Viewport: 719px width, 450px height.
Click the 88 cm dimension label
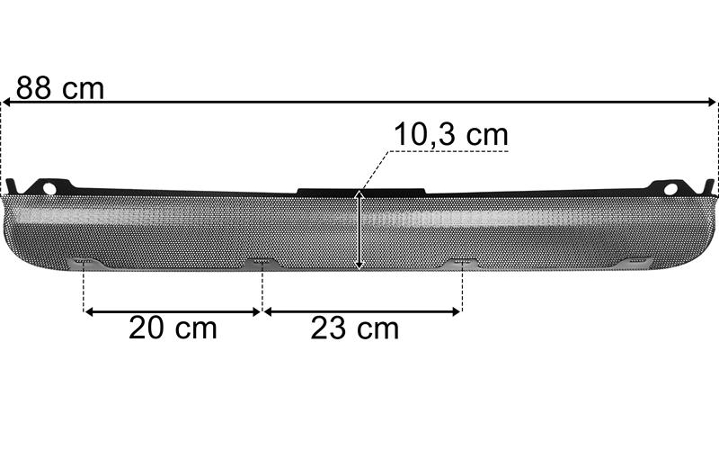[60, 87]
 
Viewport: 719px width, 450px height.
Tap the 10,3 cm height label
[451, 134]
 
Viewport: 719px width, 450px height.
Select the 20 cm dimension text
[173, 328]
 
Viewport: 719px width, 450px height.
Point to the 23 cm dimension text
[354, 328]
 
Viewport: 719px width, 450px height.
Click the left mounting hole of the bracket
[49, 189]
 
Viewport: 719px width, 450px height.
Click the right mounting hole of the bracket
[670, 189]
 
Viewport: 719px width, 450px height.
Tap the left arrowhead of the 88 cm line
[6, 102]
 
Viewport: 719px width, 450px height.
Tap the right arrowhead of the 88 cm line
[711, 102]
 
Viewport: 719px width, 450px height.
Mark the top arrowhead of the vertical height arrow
[359, 195]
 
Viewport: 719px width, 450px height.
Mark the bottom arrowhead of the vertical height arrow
[359, 265]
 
